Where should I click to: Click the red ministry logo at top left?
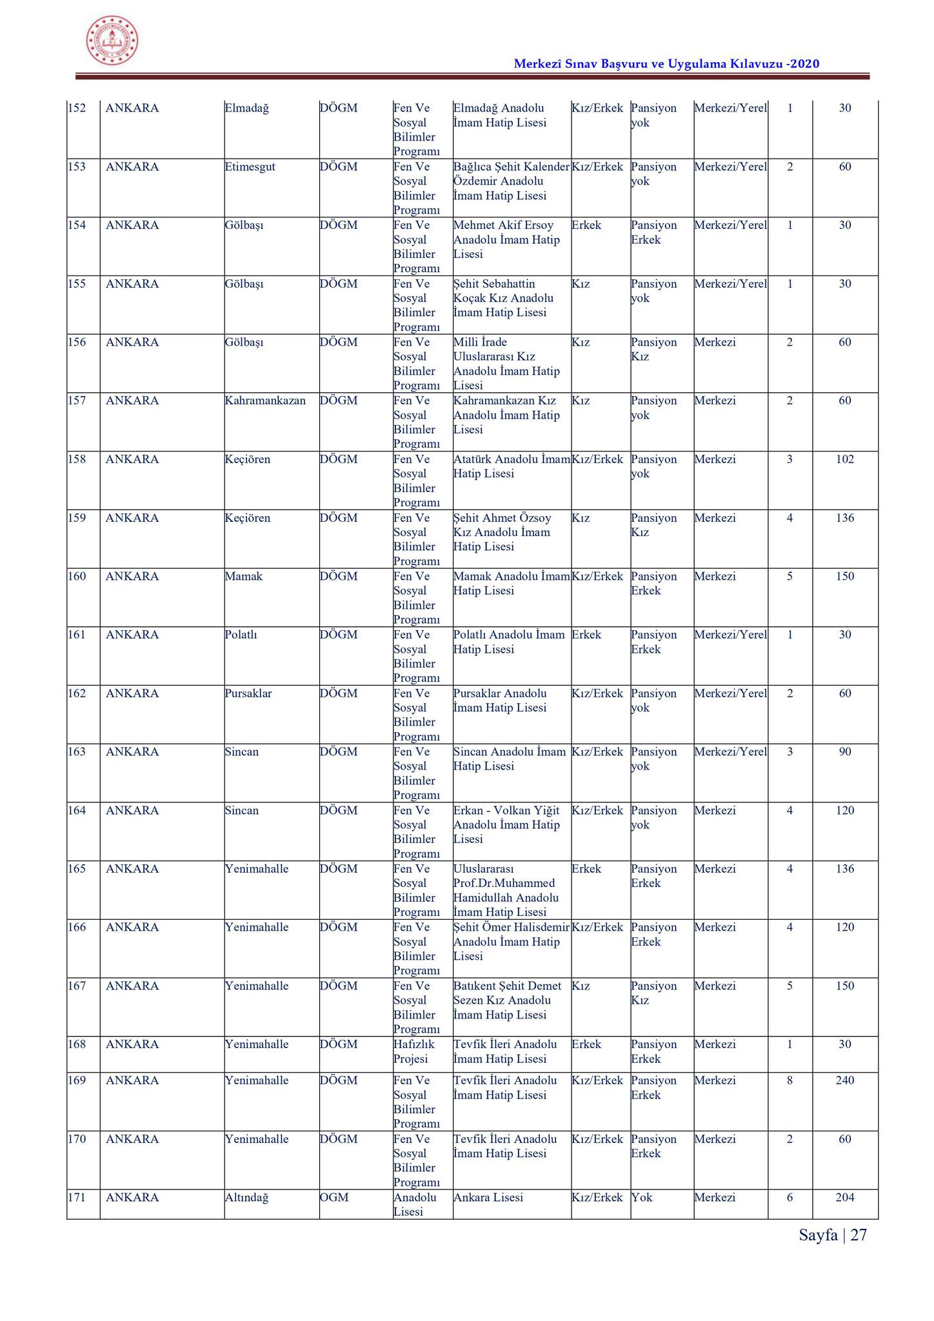pos(112,40)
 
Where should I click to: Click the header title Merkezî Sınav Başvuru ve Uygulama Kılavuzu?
pos(666,64)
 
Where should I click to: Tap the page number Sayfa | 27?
pos(832,1235)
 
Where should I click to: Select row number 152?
pos(77,108)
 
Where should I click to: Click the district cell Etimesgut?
pos(250,167)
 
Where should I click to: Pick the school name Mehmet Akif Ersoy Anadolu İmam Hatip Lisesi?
pos(506,240)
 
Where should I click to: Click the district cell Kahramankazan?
pos(265,401)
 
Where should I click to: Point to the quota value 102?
pos(844,459)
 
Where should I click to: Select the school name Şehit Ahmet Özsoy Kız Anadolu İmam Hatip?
pos(502,532)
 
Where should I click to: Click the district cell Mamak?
pos(244,576)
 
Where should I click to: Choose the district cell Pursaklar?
pos(248,693)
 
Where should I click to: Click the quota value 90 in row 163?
pos(844,751)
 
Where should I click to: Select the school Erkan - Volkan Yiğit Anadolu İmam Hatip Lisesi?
pos(506,824)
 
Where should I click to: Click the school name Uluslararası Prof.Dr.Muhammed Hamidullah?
pos(506,890)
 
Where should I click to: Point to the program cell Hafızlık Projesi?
pos(414,1051)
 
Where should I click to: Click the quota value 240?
pos(844,1080)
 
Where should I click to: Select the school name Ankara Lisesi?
pos(488,1198)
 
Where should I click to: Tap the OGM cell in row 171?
pos(334,1198)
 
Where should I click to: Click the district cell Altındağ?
pos(246,1198)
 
